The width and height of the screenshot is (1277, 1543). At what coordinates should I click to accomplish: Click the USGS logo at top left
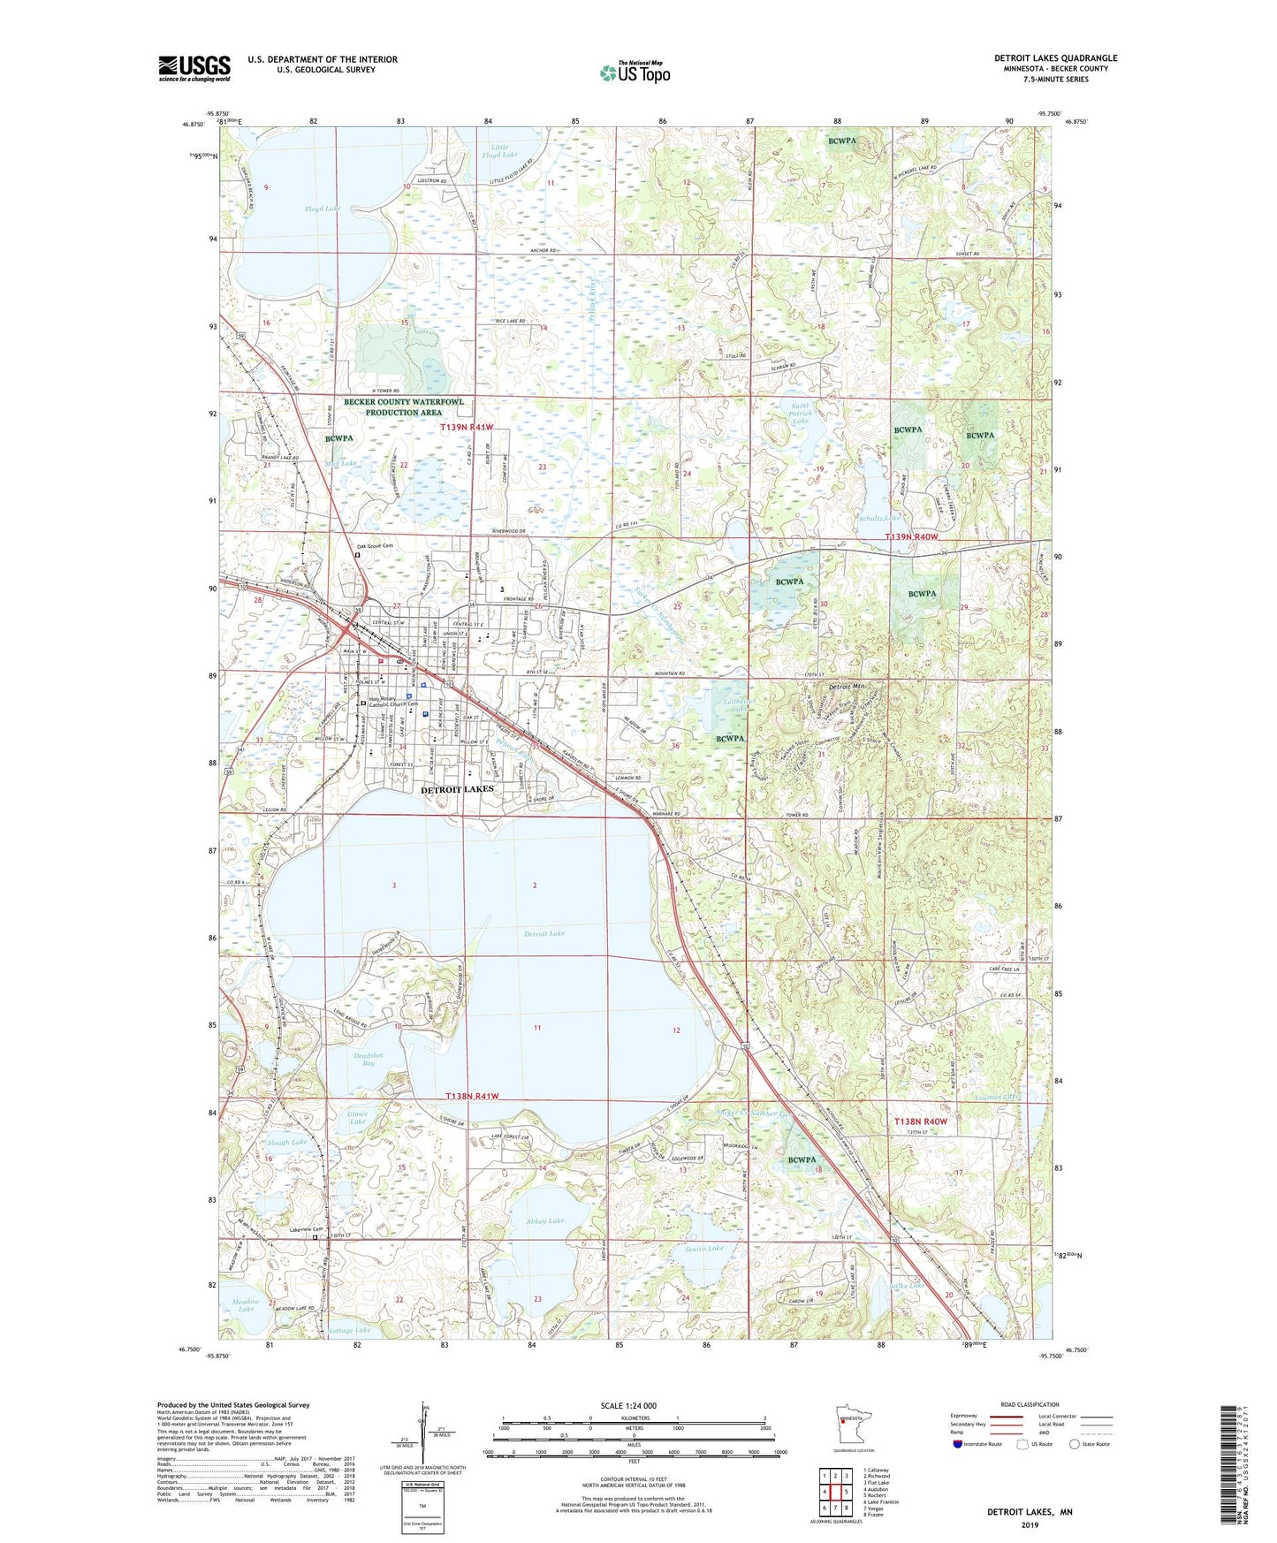point(194,68)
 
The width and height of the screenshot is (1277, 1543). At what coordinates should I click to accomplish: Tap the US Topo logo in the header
point(635,72)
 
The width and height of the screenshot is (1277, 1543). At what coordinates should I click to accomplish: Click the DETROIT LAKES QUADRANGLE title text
point(1055,58)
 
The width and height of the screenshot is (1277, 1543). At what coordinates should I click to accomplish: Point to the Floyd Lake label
point(322,209)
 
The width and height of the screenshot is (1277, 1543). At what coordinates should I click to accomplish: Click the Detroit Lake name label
point(543,933)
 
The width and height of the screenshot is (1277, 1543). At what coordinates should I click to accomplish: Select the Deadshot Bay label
point(369,1059)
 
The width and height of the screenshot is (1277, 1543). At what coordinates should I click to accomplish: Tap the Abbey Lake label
point(544,1221)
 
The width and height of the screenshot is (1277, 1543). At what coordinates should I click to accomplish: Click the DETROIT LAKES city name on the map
point(457,789)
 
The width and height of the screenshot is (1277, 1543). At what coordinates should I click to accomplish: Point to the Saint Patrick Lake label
point(800,413)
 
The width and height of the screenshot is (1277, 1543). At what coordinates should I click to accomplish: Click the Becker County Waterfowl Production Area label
point(404,407)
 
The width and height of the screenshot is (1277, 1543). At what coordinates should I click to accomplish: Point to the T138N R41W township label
point(472,1097)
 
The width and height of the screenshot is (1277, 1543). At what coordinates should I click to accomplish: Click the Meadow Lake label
point(246,1305)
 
